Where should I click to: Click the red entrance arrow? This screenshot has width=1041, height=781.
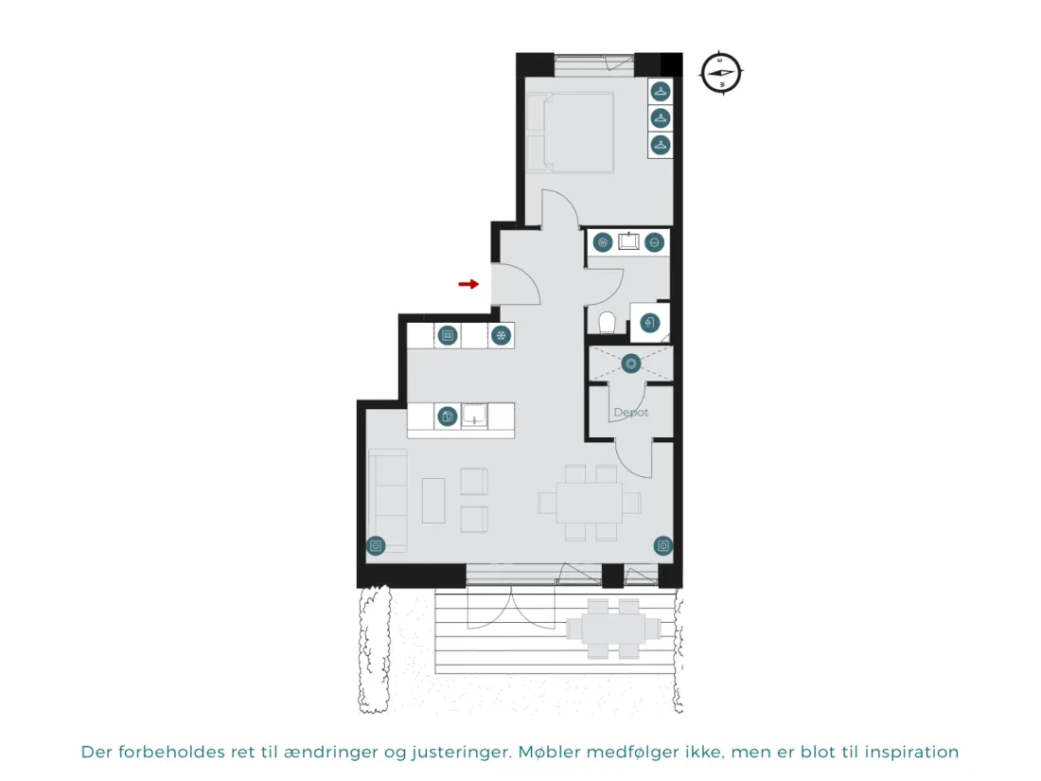point(468,284)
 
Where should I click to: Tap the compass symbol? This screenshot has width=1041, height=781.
point(721,72)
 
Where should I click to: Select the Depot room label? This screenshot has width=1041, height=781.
point(630,413)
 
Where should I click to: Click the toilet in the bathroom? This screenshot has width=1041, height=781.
point(607,324)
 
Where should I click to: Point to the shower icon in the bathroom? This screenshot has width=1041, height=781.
point(650,324)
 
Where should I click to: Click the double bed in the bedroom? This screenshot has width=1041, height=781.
point(571,133)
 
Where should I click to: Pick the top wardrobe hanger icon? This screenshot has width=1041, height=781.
point(660,91)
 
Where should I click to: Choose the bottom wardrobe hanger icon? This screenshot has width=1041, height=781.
point(660,145)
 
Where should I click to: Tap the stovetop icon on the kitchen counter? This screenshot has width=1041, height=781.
point(449,335)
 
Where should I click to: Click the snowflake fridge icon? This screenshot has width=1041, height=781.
point(502,335)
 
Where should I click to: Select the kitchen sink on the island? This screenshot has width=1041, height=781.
point(475,417)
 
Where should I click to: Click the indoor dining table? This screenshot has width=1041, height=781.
point(590,503)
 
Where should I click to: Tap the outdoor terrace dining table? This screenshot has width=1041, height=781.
point(613,629)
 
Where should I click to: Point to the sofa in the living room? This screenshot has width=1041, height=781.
point(388,501)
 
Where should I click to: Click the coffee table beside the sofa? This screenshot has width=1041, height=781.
point(433,501)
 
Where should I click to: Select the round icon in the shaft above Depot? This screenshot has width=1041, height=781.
point(630,364)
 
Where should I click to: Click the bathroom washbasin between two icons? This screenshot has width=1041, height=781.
point(628,241)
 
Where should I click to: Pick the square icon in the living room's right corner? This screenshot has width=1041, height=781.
point(663,546)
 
